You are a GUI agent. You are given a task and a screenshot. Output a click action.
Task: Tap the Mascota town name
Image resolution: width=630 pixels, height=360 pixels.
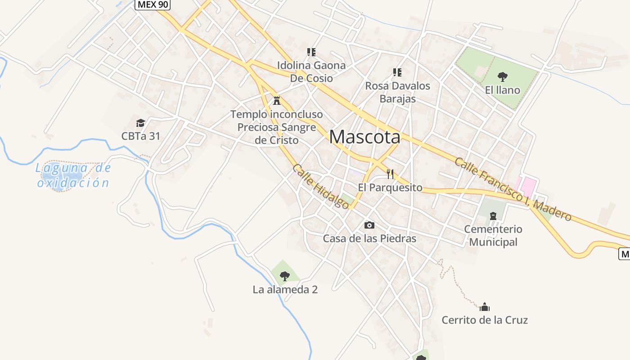click(x=364, y=137)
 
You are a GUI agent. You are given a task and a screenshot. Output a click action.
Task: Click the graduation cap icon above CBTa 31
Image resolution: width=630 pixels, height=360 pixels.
click(x=140, y=123)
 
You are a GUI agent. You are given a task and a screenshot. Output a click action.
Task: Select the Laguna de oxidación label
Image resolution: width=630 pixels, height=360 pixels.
click(x=73, y=175)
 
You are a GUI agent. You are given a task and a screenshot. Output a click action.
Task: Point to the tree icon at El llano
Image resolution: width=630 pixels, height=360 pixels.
click(x=503, y=76)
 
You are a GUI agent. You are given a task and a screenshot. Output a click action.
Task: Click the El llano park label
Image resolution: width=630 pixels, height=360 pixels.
click(x=502, y=90)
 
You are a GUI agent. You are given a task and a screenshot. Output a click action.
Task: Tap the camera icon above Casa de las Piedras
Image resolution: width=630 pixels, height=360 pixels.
click(x=369, y=225)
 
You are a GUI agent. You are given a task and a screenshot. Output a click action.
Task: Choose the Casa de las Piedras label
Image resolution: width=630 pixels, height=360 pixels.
click(x=369, y=238)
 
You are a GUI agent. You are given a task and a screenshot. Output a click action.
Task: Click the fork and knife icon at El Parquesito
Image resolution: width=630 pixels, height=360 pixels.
click(x=390, y=174)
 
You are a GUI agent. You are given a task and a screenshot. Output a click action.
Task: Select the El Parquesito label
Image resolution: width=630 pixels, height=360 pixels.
click(x=390, y=188)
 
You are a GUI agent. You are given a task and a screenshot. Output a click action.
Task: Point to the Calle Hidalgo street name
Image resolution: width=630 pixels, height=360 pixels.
click(x=320, y=186)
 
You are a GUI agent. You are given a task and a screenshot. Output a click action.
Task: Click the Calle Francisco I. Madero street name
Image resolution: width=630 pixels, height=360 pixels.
click(x=513, y=189)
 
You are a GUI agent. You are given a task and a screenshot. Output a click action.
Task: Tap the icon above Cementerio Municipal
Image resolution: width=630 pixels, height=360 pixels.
click(x=493, y=216)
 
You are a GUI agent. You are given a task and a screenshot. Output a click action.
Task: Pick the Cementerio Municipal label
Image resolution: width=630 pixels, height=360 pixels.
click(x=493, y=235)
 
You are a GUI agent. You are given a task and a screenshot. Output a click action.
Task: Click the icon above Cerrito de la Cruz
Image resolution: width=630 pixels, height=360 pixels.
click(x=485, y=307)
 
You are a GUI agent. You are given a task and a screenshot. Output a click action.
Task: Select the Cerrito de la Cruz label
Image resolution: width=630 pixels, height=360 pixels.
click(x=485, y=320)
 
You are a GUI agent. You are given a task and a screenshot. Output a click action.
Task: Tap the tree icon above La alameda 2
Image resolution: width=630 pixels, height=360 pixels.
click(x=284, y=276)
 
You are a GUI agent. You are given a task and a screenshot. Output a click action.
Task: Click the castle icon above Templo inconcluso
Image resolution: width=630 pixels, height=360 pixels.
click(x=277, y=100)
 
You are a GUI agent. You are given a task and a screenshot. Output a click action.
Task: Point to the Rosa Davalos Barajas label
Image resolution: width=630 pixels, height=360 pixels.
click(x=397, y=92)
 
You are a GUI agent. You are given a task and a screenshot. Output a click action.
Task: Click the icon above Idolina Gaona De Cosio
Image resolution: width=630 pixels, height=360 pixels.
click(x=311, y=52)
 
